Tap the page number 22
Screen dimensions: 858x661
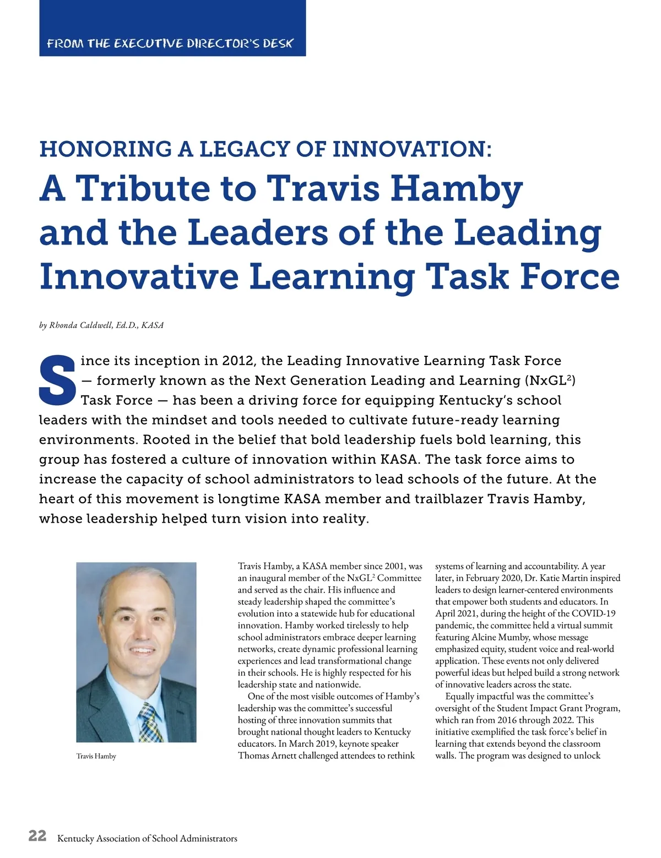click(x=37, y=836)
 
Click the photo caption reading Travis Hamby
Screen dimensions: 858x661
click(x=96, y=756)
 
